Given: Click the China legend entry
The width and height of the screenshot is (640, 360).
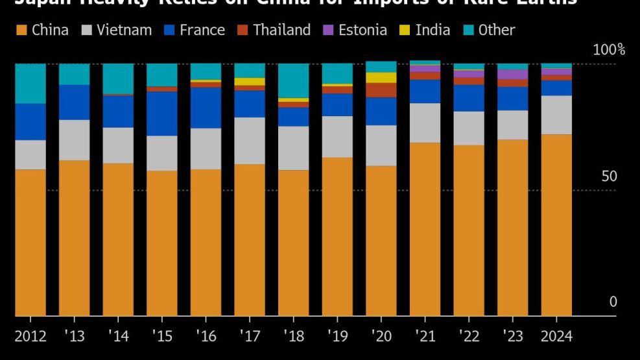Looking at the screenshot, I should click(43, 30).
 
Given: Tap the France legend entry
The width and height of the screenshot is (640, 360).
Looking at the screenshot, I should click(195, 30).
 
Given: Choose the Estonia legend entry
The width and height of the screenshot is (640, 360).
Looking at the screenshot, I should click(355, 30).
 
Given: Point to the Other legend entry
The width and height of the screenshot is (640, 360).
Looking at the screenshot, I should click(489, 30).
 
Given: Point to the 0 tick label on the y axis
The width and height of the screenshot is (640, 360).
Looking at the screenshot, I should click(613, 302).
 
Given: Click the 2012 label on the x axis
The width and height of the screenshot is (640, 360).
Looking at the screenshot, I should click(30, 336).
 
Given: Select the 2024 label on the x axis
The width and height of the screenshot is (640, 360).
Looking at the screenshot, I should click(556, 336).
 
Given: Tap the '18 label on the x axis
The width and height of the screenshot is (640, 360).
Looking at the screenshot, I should click(293, 336).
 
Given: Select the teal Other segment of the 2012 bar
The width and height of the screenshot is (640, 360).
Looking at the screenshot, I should click(30, 84).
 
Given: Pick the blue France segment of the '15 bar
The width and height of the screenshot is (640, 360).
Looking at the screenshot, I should click(162, 114).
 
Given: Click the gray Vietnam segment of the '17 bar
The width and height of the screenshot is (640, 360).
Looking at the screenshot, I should click(250, 141).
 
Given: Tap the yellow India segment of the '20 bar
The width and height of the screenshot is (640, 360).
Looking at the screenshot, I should click(381, 78).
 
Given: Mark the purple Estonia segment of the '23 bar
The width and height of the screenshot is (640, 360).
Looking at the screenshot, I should click(512, 75).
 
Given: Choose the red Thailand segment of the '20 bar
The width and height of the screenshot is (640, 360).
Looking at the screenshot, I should click(381, 90).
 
